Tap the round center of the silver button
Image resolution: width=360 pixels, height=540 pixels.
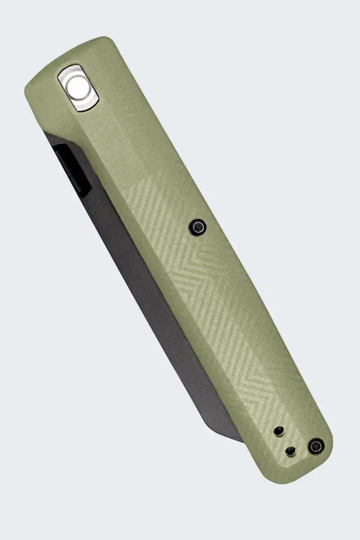pos(79,87)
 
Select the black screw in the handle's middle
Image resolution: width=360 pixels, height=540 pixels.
pos(197,227)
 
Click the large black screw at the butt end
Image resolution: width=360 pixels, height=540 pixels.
pos(316,446)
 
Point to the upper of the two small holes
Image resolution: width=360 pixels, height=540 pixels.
pos(279,431)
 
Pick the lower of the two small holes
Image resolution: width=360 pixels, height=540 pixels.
pos(291,450)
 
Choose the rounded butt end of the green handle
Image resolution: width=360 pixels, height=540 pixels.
pos(306,468)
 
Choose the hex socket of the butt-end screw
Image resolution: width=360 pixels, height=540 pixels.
pos(316,446)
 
